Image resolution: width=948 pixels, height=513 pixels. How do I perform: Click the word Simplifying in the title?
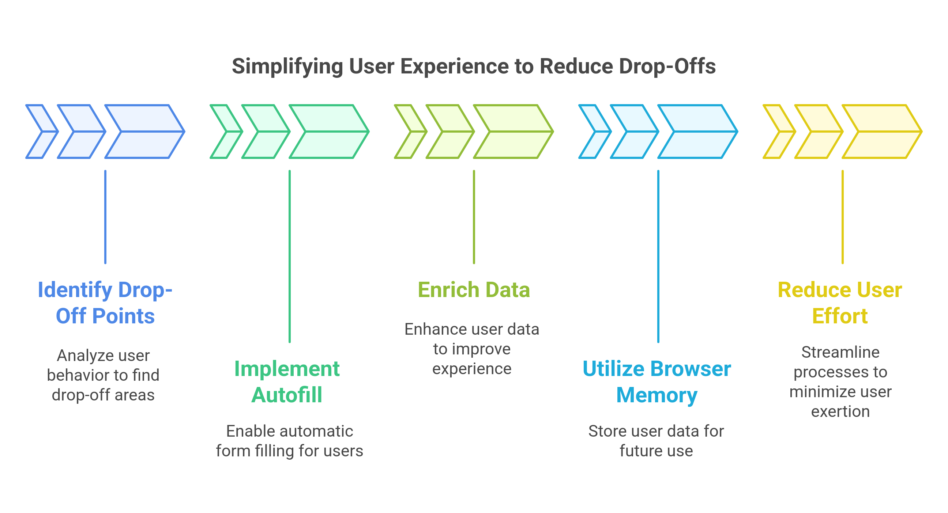coord(287,67)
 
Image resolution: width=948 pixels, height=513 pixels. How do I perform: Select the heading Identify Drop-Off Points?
coord(105,303)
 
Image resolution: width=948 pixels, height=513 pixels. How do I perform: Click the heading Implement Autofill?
coord(287,382)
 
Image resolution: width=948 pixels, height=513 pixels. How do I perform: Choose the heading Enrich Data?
coord(474,290)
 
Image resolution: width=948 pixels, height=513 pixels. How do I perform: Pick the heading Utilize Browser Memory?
coord(657,382)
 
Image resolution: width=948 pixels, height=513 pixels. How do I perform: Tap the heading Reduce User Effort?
coord(840,303)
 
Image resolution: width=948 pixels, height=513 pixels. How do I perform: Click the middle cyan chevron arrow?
coord(634,131)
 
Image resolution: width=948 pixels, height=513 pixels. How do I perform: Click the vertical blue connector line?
coord(105,217)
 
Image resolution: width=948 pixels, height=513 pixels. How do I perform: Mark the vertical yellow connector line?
coord(842,217)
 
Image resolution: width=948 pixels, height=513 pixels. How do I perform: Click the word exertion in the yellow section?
coord(840,411)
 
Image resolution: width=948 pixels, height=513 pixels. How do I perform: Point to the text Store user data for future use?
coord(656,441)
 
